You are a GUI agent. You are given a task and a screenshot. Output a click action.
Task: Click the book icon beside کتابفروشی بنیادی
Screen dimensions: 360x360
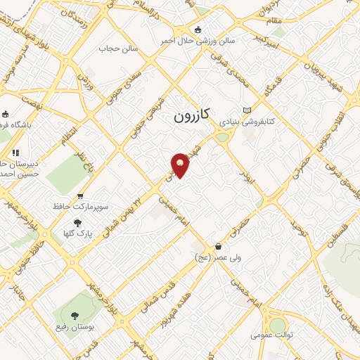tap(246, 110)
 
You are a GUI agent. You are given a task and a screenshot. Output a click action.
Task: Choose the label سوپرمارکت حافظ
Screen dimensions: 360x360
tap(79, 207)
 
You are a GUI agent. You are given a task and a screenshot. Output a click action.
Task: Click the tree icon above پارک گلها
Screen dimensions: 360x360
tap(67, 222)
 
